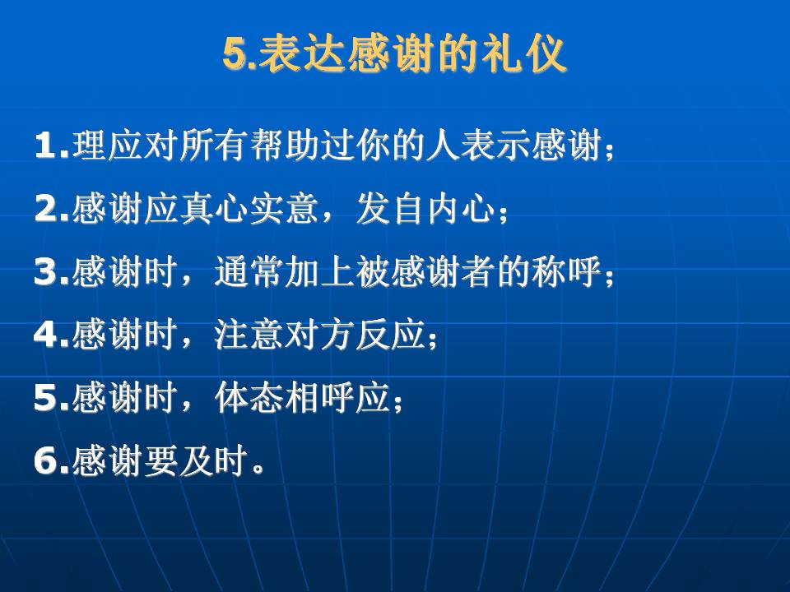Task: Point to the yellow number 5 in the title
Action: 236,53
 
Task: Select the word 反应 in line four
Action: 391,335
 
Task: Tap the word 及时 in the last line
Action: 214,460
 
